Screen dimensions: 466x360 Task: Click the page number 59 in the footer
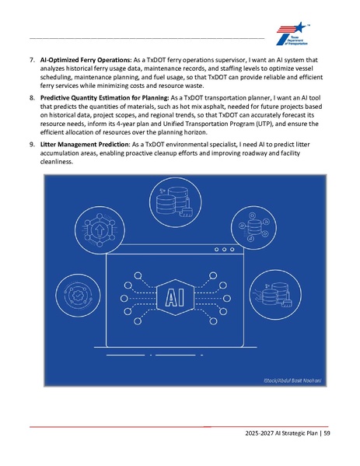[x=327, y=433]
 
